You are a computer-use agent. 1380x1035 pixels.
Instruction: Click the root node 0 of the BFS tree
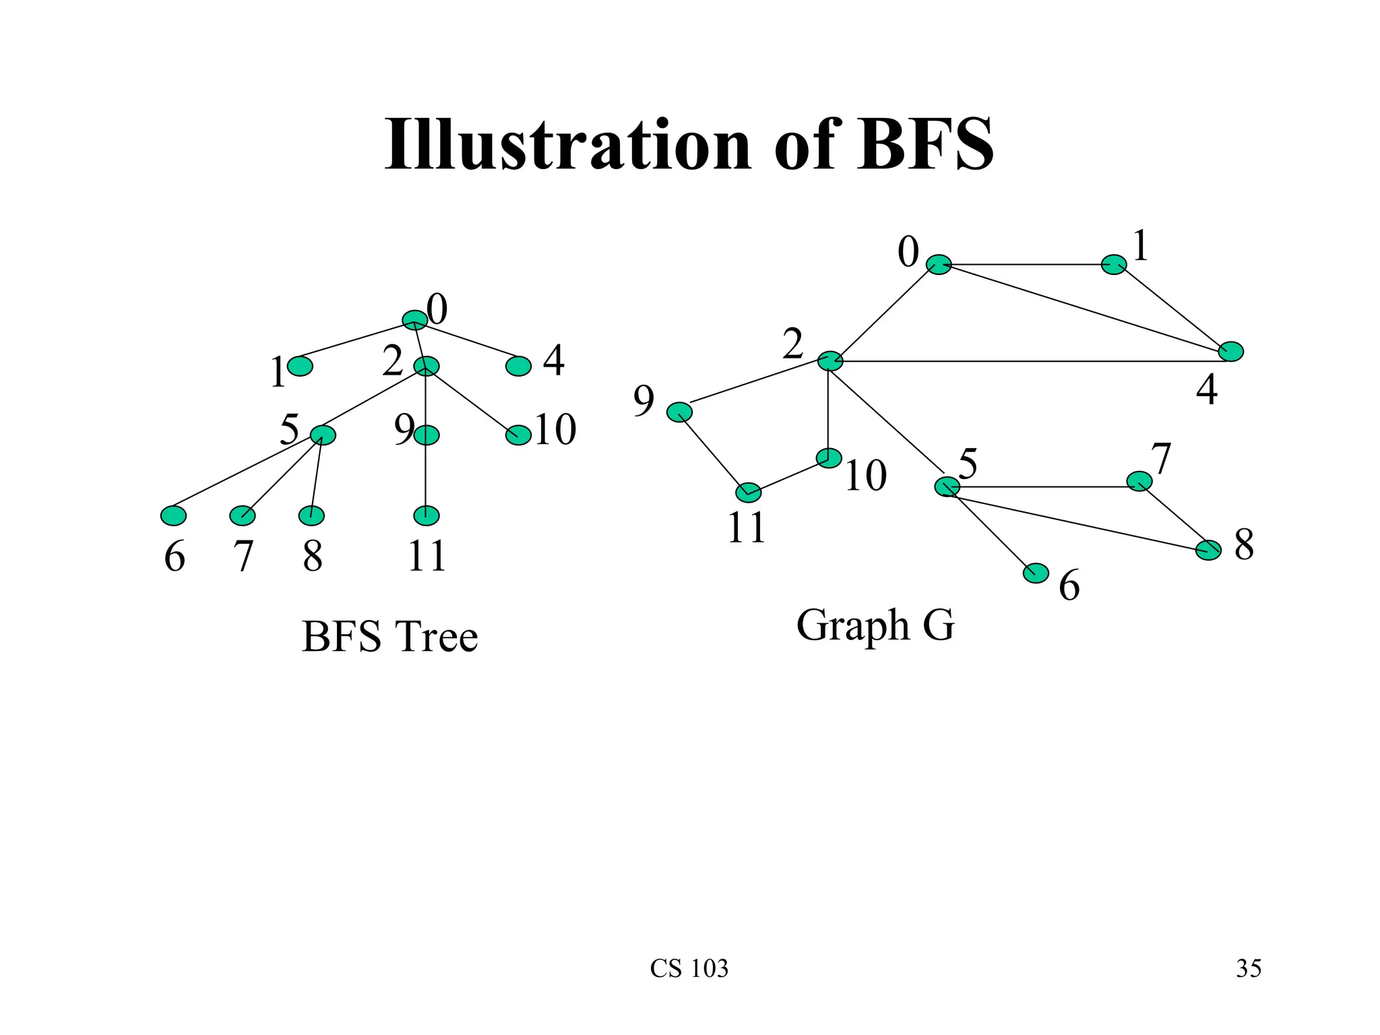click(x=414, y=319)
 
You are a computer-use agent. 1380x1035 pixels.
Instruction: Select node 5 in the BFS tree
click(x=323, y=435)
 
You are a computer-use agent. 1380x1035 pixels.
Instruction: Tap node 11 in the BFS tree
click(x=426, y=515)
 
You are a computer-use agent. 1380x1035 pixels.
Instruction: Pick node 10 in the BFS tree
click(x=518, y=435)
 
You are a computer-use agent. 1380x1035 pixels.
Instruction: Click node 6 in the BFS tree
click(x=173, y=515)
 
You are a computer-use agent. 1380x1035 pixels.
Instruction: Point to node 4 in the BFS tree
click(x=518, y=366)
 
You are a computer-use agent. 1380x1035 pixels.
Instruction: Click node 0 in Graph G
click(x=939, y=265)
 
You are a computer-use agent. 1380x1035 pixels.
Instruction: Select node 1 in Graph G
click(x=1114, y=265)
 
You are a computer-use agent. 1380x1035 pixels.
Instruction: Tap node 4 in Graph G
click(x=1231, y=352)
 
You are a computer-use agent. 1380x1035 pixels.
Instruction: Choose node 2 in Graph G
click(x=830, y=361)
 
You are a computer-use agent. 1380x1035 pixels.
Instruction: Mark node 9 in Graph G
click(x=679, y=412)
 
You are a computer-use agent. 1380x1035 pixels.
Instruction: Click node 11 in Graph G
click(x=749, y=493)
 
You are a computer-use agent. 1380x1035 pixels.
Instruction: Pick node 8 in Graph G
click(x=1208, y=550)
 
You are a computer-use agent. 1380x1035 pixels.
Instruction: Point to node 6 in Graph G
click(x=1036, y=573)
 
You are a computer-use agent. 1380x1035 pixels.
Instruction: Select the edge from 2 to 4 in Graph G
click(x=1031, y=362)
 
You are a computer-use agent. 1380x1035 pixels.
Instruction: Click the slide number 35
click(x=1249, y=968)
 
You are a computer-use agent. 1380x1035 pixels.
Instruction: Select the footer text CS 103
click(x=689, y=968)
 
